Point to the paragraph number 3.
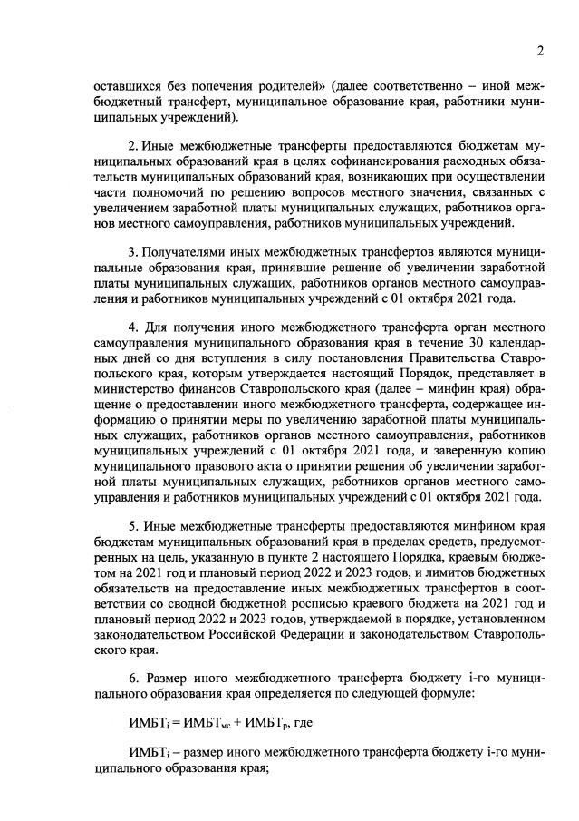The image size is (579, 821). coord(132,251)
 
